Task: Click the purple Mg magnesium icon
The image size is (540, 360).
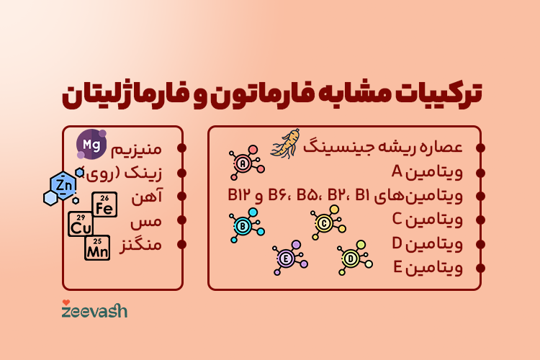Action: pyautogui.click(x=91, y=144)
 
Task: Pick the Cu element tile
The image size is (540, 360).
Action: pyautogui.click(x=81, y=224)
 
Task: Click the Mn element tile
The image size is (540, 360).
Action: pyautogui.click(x=97, y=248)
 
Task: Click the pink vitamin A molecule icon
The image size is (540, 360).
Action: pyautogui.click(x=243, y=164)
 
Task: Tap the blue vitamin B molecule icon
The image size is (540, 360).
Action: pyautogui.click(x=243, y=225)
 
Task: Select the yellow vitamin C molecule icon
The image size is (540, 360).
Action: pyautogui.click(x=325, y=223)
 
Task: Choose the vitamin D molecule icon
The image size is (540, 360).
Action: pyautogui.click(x=351, y=258)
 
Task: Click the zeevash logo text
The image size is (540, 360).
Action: pyautogui.click(x=94, y=311)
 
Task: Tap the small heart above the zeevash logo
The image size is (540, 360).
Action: pyautogui.click(x=66, y=302)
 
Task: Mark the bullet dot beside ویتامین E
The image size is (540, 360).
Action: pyautogui.click(x=480, y=269)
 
